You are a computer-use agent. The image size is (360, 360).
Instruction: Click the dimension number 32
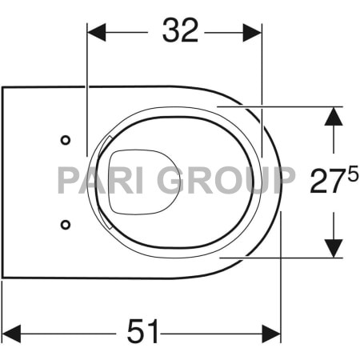coord(181,30)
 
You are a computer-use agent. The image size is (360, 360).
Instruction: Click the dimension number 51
coord(142,331)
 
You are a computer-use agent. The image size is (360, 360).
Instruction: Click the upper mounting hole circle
coord(66,140)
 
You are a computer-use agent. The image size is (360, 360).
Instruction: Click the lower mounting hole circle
coord(66,225)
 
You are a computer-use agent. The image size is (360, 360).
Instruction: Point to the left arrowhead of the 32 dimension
coord(97,33)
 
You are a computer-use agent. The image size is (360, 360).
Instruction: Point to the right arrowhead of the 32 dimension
coord(252,33)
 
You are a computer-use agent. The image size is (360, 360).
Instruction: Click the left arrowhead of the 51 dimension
coord(11,334)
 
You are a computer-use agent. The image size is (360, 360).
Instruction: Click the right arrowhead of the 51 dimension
coord(271,334)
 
